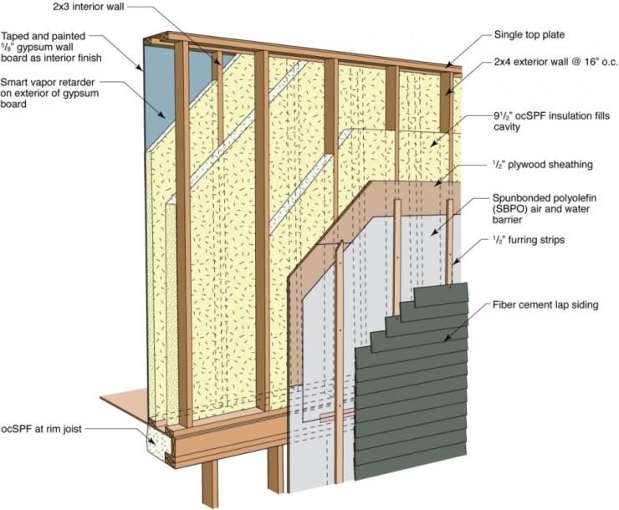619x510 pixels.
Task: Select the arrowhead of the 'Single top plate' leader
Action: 446,67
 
